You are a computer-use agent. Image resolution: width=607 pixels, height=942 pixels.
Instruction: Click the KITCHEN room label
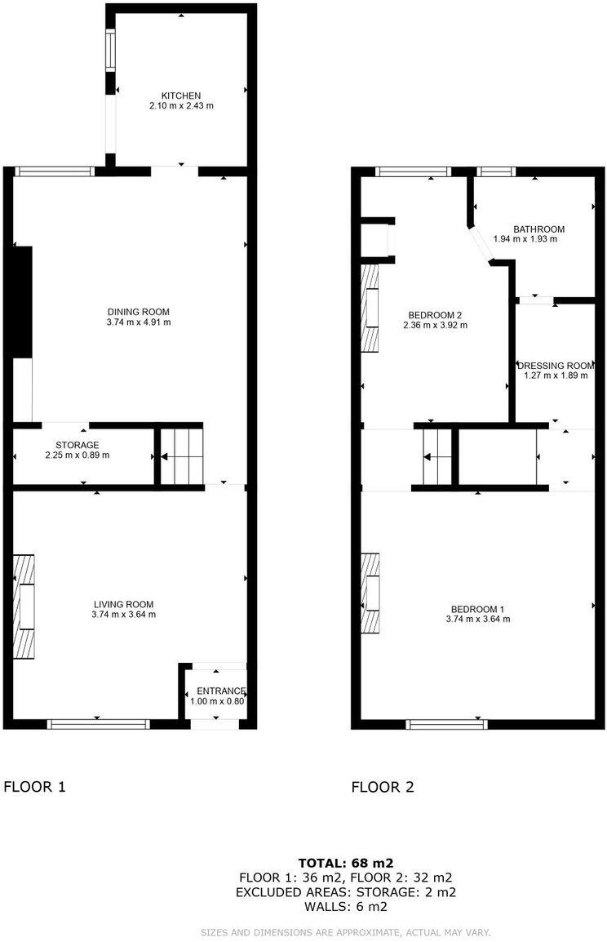(180, 96)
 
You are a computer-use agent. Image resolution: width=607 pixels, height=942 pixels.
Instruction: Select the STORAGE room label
(78, 445)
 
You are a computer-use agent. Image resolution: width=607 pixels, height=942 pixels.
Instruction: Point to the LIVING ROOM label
(123, 604)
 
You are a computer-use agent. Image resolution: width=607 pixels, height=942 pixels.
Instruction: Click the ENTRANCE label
(215, 691)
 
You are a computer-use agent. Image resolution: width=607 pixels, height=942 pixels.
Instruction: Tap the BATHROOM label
(538, 229)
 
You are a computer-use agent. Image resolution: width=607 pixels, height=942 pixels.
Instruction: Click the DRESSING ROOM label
(556, 366)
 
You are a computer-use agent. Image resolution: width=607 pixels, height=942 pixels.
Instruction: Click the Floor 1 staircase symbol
(180, 455)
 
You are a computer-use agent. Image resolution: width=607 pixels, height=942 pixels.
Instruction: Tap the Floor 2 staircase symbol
(436, 456)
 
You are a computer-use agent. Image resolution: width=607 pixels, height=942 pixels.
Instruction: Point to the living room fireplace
(24, 606)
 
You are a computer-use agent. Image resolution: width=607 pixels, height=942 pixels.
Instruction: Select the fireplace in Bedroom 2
(371, 306)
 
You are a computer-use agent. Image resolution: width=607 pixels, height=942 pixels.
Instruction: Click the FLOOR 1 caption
(34, 787)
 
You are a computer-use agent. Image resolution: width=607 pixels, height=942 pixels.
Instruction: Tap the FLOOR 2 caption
(383, 787)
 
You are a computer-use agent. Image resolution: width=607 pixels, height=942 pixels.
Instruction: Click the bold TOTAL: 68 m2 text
(346, 862)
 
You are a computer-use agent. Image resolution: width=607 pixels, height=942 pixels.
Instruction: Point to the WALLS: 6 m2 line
(346, 906)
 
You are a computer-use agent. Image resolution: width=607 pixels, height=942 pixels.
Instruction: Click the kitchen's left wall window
(109, 50)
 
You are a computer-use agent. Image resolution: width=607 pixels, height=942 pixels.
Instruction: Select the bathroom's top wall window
(495, 171)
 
